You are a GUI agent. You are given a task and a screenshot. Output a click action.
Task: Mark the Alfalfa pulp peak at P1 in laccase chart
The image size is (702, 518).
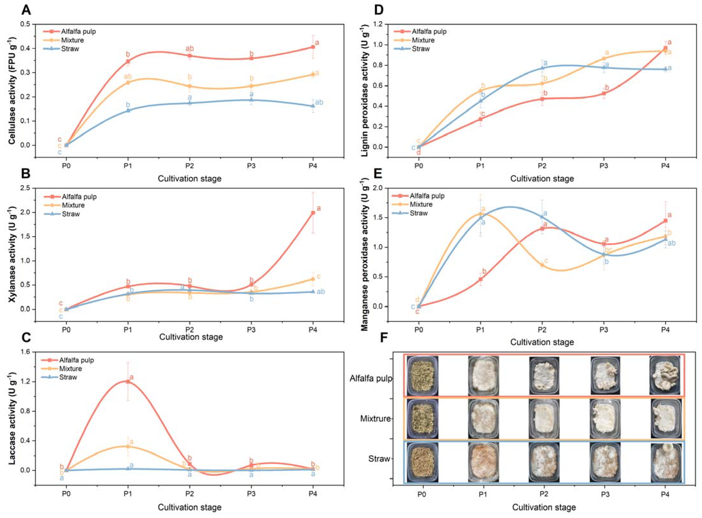click(128, 382)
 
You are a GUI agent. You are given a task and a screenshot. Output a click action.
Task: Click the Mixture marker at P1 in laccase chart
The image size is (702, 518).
click(128, 446)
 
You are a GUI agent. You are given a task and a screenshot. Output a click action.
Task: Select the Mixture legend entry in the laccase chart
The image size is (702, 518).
click(70, 369)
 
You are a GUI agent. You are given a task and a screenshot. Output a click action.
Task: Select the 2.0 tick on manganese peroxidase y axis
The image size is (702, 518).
click(379, 188)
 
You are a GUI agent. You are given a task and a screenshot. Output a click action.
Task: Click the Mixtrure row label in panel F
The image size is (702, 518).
click(375, 419)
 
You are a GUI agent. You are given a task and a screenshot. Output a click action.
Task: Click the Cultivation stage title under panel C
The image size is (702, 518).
click(189, 507)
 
